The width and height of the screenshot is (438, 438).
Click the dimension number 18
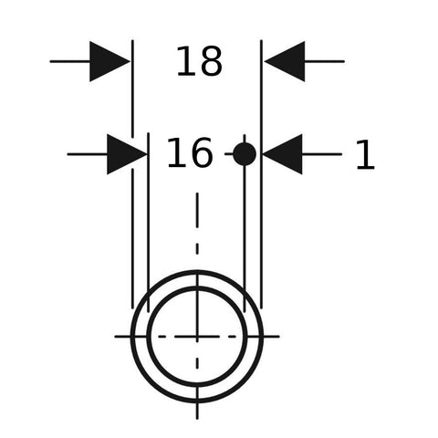[x=200, y=61]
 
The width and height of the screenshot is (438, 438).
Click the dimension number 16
[x=189, y=152]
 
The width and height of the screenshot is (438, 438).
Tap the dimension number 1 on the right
[x=366, y=154]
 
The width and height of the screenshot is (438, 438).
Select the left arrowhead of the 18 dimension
[x=109, y=61]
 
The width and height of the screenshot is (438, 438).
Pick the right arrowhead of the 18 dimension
[x=285, y=61]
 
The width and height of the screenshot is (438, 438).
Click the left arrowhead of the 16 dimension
[x=127, y=154]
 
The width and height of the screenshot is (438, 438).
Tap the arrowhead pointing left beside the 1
[x=282, y=154]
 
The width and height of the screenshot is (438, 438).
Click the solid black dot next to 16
[x=245, y=154]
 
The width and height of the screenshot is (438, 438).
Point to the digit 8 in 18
[x=211, y=61]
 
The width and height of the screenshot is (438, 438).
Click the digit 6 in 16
[x=200, y=152]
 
